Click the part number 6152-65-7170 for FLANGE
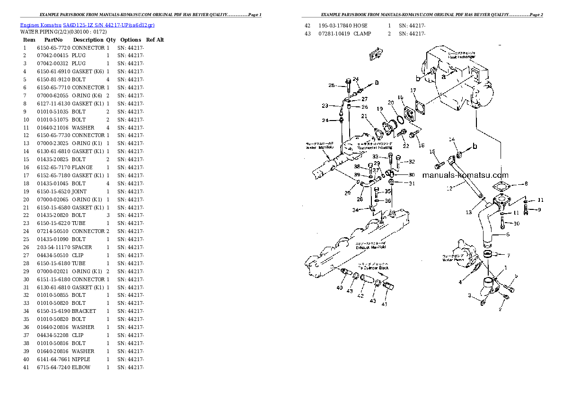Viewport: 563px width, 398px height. point(53,167)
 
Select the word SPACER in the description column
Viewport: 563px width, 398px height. point(82,247)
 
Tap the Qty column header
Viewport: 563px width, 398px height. point(111,40)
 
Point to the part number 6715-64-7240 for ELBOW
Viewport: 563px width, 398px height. point(53,367)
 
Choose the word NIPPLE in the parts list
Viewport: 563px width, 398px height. point(81,359)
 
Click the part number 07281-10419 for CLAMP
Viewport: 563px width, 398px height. point(334,34)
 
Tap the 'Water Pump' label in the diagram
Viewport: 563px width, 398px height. point(451,260)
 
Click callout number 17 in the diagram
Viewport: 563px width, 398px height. point(413,90)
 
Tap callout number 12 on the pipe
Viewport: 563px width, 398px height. point(449,188)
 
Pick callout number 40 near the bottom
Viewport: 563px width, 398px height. point(340,288)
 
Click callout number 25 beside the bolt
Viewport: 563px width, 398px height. point(332,86)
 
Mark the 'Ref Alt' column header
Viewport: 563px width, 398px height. point(155,40)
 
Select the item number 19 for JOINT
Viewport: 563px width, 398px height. point(26,191)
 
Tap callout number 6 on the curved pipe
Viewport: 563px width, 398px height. point(508,234)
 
